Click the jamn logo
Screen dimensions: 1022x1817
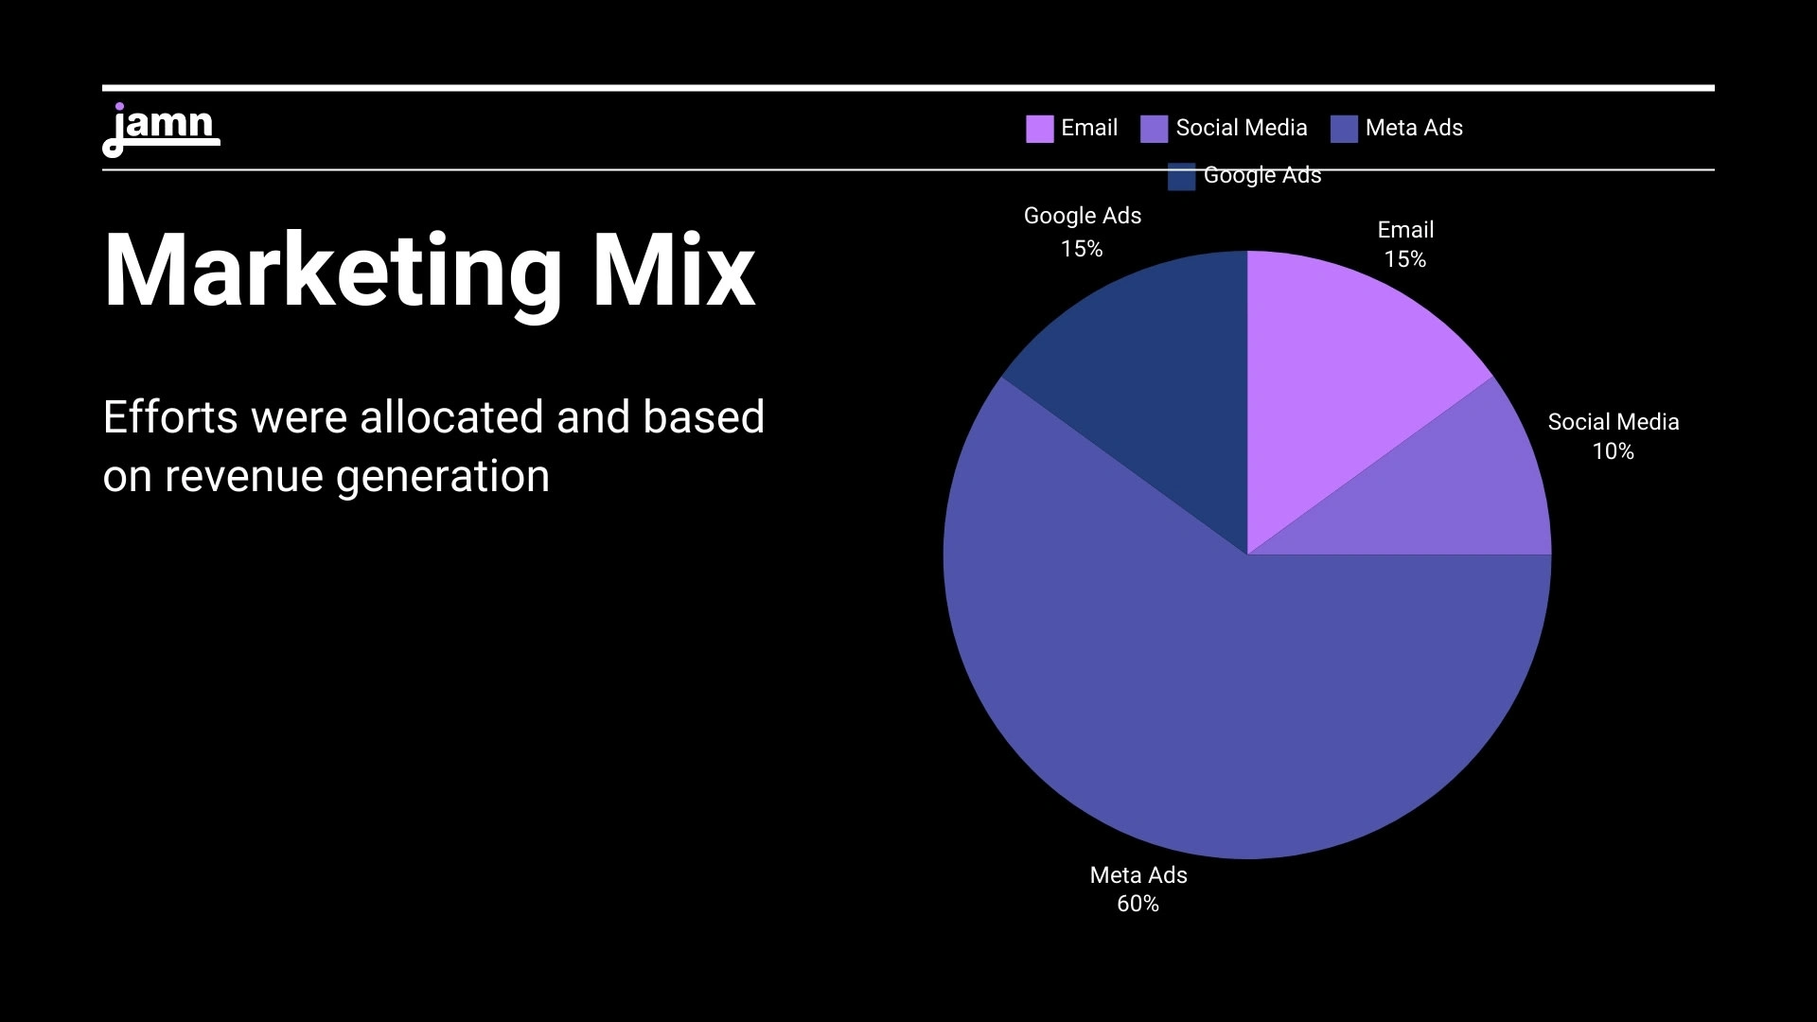pyautogui.click(x=161, y=129)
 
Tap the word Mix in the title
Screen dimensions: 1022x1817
pyautogui.click(x=673, y=272)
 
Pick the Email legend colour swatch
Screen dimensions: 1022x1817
pyautogui.click(x=1039, y=129)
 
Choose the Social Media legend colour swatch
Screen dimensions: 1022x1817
pyautogui.click(x=1154, y=129)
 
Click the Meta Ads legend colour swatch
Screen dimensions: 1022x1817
pyautogui.click(x=1344, y=129)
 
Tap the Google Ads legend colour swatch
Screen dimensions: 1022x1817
pyautogui.click(x=1181, y=176)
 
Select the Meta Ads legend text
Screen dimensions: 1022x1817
pyautogui.click(x=1414, y=128)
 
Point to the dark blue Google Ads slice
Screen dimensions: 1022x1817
pyautogui.click(x=1155, y=379)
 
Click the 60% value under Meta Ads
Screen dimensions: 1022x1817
pyautogui.click(x=1138, y=904)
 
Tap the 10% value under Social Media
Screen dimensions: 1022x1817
pyautogui.click(x=1613, y=451)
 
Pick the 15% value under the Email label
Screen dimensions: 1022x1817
pyautogui.click(x=1404, y=259)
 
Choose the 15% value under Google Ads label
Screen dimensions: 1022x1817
pyautogui.click(x=1082, y=249)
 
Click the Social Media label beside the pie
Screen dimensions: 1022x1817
pyautogui.click(x=1613, y=422)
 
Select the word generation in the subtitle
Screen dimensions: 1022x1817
pyautogui.click(x=442, y=476)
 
